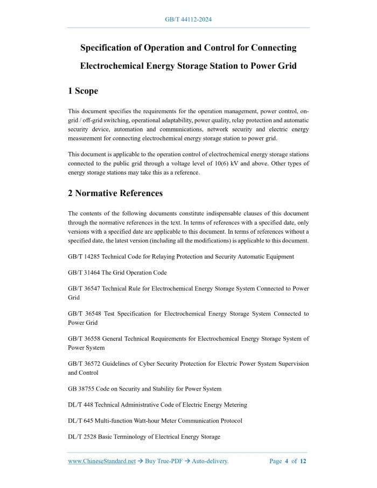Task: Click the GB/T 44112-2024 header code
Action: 188,19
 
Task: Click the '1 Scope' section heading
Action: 83,91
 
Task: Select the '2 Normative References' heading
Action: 115,193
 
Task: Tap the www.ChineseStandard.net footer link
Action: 102,461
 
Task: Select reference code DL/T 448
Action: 81,405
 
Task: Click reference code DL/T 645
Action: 81,421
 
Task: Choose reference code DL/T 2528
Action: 83,437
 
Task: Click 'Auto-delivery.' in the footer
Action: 211,461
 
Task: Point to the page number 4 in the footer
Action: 287,461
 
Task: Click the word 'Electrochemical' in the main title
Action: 112,66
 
